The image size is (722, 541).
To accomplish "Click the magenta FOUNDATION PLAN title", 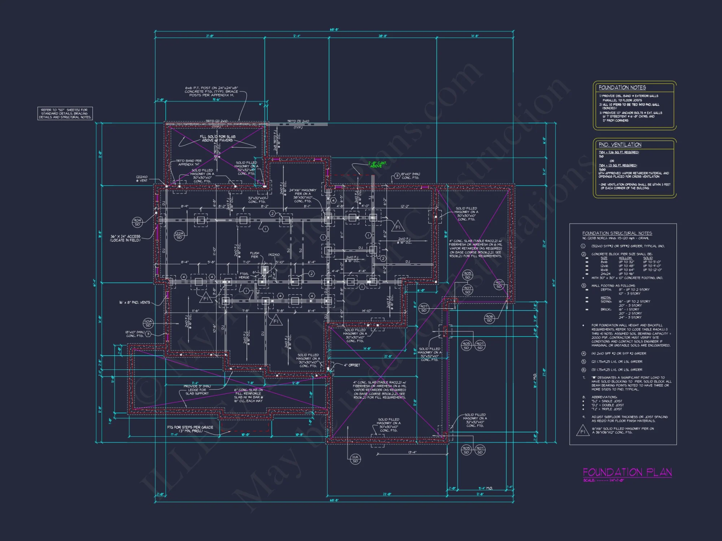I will [627, 472].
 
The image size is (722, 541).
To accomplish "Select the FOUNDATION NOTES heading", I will [622, 88].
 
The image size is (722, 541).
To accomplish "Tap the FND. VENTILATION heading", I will [620, 145].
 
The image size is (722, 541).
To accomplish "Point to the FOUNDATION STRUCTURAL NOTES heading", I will [617, 233].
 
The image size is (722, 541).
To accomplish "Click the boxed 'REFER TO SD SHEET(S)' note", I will [65, 113].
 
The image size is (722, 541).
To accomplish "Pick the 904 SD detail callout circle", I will [137, 222].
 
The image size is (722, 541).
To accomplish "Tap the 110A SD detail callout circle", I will [148, 323].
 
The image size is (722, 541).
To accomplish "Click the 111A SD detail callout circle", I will [355, 459].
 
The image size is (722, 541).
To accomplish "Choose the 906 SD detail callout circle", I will [489, 318].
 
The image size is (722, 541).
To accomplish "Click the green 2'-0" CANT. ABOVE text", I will [377, 164].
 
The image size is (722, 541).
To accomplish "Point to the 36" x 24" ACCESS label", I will [125, 238].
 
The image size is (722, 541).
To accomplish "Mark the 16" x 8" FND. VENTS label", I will [134, 303].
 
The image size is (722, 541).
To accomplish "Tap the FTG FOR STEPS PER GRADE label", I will [190, 429].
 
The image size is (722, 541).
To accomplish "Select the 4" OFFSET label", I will [352, 365].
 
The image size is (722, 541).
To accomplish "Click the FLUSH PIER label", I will [255, 255].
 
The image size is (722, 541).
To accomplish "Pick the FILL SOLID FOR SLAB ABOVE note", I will [217, 138].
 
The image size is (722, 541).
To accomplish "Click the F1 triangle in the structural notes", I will [582, 431].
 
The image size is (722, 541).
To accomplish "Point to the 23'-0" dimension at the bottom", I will [387, 494].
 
